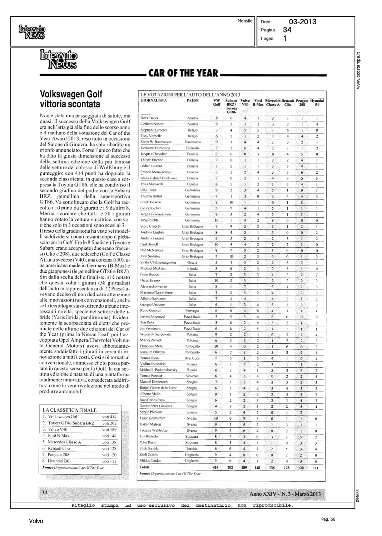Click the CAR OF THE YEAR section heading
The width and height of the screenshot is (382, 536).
pyautogui.click(x=183, y=73)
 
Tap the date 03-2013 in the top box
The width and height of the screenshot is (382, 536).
pyautogui.click(x=302, y=22)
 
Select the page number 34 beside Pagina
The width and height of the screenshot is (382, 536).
pyautogui.click(x=287, y=30)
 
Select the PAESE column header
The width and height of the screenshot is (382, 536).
pyautogui.click(x=193, y=101)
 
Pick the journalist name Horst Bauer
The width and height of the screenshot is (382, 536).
pyautogui.click(x=150, y=118)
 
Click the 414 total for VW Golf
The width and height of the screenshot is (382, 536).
pyautogui.click(x=215, y=467)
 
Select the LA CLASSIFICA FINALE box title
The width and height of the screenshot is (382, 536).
pyautogui.click(x=69, y=410)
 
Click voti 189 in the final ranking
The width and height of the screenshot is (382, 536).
pyautogui.click(x=109, y=430)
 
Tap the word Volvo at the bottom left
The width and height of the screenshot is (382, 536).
pyautogui.click(x=36, y=521)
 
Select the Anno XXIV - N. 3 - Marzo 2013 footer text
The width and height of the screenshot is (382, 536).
pyautogui.click(x=285, y=494)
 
